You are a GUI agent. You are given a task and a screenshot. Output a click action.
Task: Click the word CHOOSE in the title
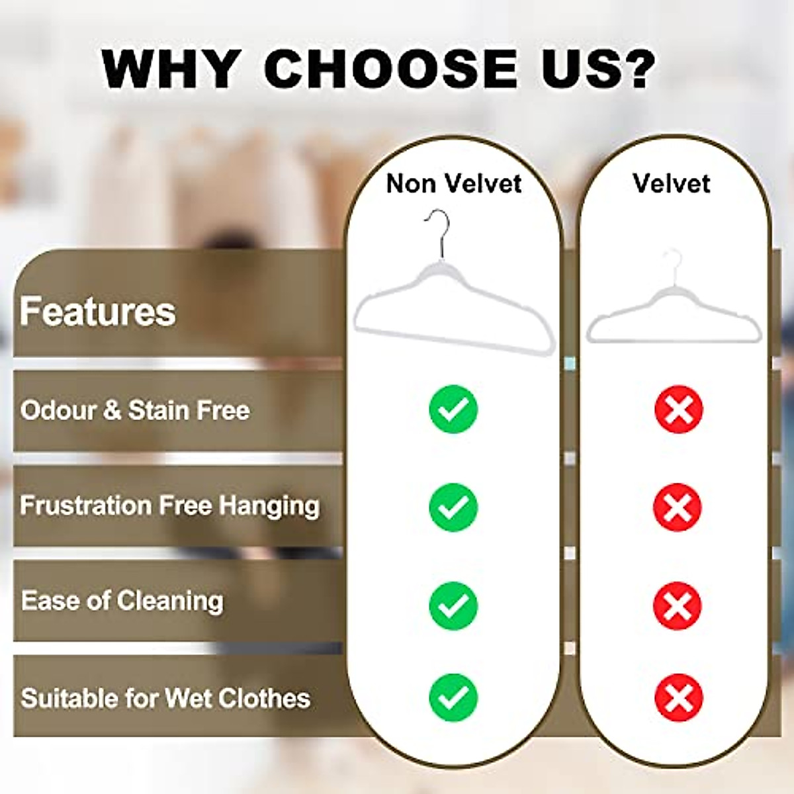pyautogui.click(x=390, y=68)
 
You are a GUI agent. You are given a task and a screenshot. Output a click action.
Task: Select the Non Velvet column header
pyautogui.click(x=454, y=183)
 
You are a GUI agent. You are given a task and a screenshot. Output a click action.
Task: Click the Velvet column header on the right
pyautogui.click(x=671, y=183)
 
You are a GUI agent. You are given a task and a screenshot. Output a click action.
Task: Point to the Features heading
pyautogui.click(x=98, y=311)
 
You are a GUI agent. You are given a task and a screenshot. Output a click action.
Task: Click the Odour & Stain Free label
pyautogui.click(x=135, y=410)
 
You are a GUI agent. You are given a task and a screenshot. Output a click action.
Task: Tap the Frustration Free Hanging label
pyautogui.click(x=170, y=506)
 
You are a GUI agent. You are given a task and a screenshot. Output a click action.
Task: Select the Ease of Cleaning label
pyautogui.click(x=122, y=601)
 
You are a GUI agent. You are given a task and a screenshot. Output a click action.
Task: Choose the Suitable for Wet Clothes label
pyautogui.click(x=165, y=698)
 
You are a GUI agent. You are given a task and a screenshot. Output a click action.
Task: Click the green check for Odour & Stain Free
pyautogui.click(x=453, y=410)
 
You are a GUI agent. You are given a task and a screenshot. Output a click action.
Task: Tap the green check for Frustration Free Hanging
pyautogui.click(x=453, y=507)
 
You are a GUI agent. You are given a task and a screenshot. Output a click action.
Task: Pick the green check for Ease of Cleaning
pyautogui.click(x=453, y=605)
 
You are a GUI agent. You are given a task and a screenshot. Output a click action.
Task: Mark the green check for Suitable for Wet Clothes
pyautogui.click(x=453, y=697)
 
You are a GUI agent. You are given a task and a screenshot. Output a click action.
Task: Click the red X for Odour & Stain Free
pyautogui.click(x=678, y=410)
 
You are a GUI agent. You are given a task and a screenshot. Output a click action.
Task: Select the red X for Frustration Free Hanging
pyautogui.click(x=678, y=507)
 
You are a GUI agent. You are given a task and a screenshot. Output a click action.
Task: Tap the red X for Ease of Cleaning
pyautogui.click(x=678, y=605)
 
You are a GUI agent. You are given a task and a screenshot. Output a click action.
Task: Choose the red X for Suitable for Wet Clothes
pyautogui.click(x=678, y=697)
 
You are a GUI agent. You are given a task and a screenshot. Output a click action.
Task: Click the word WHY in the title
pyautogui.click(x=171, y=68)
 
